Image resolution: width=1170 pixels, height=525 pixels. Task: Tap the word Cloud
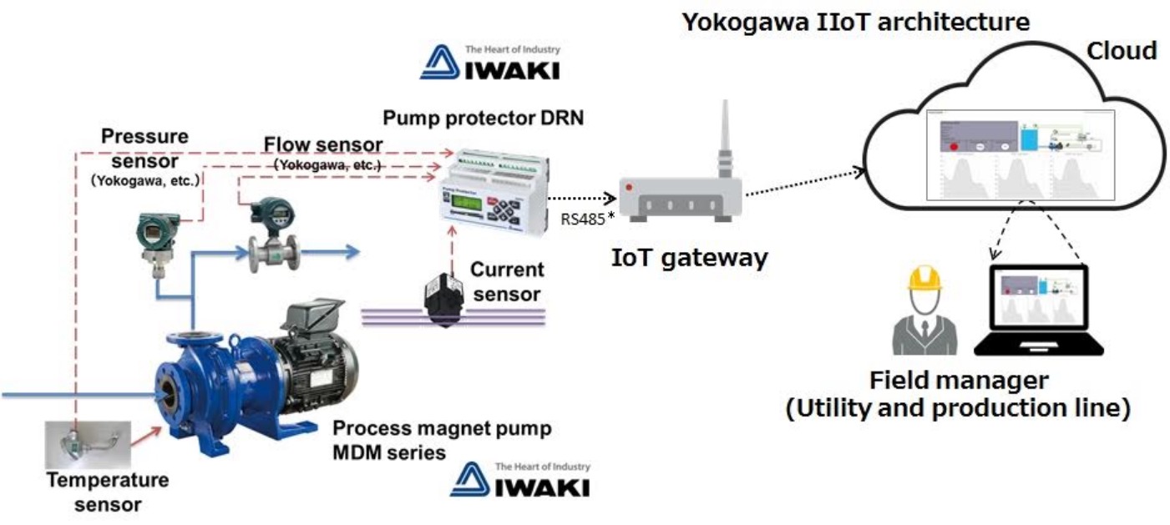[x=1121, y=51]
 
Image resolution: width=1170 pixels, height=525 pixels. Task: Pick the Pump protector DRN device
[x=493, y=190]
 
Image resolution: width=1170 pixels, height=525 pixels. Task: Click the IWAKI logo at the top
[x=489, y=63]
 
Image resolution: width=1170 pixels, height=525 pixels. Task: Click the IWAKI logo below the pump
[x=519, y=479]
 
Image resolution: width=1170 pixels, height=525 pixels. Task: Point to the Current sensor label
[x=507, y=282]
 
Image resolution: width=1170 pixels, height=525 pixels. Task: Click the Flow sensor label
[x=323, y=147]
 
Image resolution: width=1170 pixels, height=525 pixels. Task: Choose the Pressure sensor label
[x=144, y=147]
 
